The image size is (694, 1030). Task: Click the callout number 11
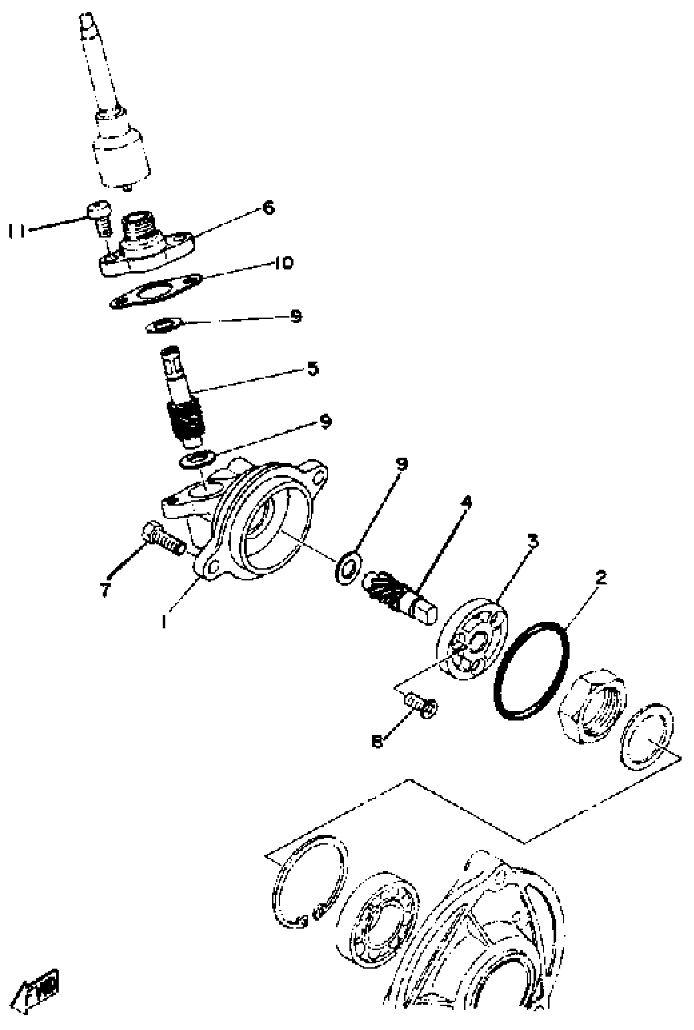click(17, 231)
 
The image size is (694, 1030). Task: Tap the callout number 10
click(283, 263)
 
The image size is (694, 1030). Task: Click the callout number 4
click(466, 502)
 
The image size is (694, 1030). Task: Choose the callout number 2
click(601, 577)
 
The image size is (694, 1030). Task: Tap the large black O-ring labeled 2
click(532, 671)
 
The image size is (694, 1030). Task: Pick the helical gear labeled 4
click(389, 593)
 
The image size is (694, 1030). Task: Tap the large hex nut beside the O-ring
click(592, 705)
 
